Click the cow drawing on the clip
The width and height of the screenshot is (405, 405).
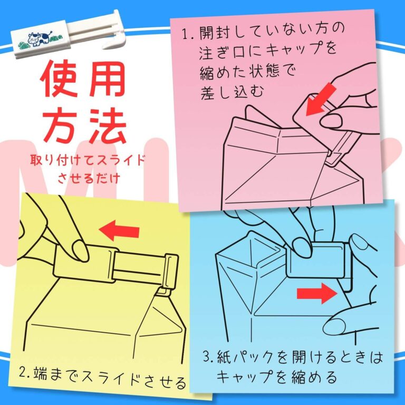click(38, 39)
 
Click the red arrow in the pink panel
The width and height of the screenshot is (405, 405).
click(321, 100)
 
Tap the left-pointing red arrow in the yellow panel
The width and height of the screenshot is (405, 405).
click(119, 230)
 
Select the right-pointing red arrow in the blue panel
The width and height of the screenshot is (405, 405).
click(317, 293)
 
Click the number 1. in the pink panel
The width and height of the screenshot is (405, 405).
click(188, 34)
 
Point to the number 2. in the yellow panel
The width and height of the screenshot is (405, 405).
click(25, 373)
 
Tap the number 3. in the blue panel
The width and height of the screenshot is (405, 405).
click(209, 357)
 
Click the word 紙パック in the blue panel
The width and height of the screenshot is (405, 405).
click(245, 358)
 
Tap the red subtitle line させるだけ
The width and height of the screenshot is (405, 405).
click(89, 178)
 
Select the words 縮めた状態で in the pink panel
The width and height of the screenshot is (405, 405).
click(247, 70)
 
